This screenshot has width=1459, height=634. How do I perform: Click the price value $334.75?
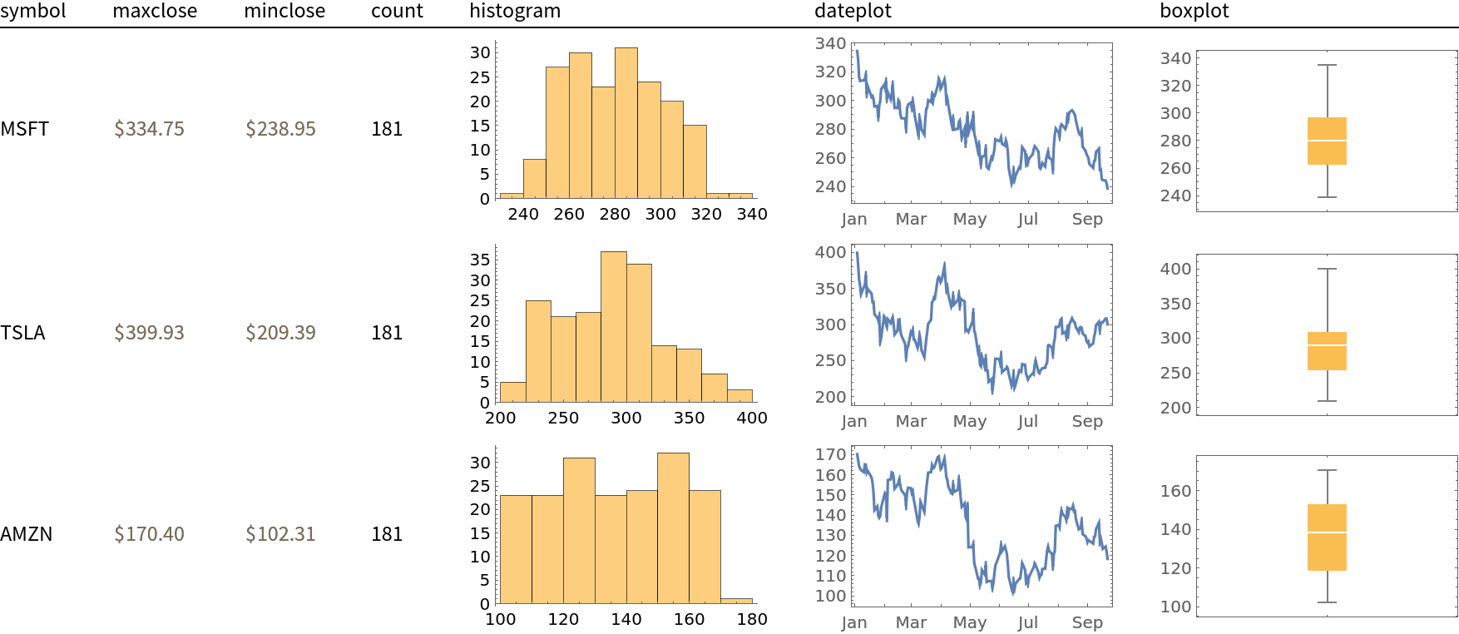click(149, 129)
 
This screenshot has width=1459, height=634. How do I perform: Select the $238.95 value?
click(280, 129)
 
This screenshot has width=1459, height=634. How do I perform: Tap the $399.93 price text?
click(149, 333)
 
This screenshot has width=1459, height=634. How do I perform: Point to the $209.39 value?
click(280, 333)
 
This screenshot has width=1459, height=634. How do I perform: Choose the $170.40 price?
click(149, 534)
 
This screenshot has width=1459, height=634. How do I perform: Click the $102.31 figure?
click(280, 534)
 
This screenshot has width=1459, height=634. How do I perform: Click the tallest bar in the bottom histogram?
click(673, 528)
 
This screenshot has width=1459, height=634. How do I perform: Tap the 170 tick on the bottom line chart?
click(830, 454)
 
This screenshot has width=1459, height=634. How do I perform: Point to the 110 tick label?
click(830, 576)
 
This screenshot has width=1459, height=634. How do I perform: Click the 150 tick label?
click(830, 495)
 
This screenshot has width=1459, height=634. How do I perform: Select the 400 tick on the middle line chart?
click(830, 252)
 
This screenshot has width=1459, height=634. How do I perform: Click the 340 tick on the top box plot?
click(1175, 58)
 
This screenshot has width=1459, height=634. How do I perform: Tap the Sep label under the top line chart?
click(1087, 219)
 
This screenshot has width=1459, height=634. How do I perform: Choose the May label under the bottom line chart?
click(970, 622)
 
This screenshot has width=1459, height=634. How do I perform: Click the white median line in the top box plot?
click(1327, 141)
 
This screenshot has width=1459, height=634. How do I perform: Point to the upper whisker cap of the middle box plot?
click(1327, 269)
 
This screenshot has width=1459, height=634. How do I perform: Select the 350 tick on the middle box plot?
click(1175, 304)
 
